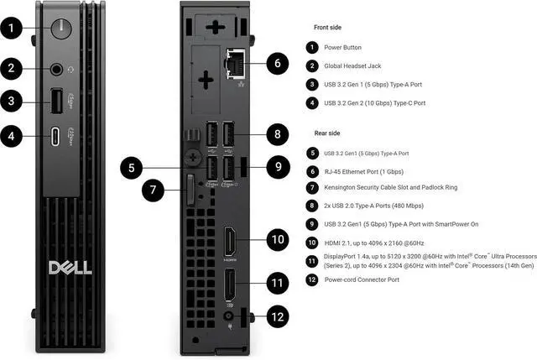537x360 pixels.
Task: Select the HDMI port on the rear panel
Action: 228,244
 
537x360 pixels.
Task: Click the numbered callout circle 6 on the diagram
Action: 279,63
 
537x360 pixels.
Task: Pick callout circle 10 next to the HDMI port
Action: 279,239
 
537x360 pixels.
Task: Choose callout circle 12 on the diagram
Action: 279,316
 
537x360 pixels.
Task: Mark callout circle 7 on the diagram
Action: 153,190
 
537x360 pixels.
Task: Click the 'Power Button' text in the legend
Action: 344,48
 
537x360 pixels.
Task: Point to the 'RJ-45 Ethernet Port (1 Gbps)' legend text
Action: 373,170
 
